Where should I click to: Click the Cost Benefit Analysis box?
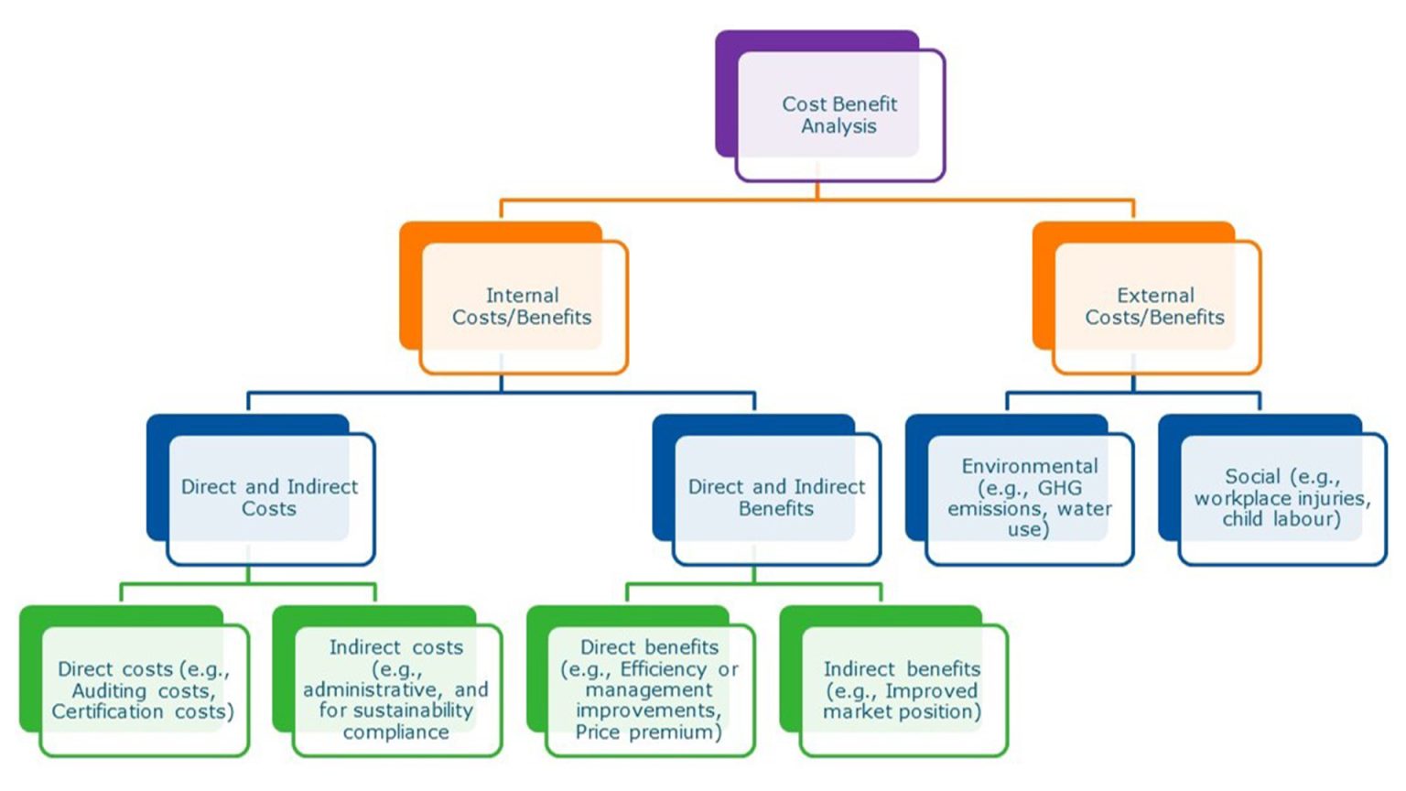pos(839,115)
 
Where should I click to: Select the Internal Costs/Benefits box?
pos(523,307)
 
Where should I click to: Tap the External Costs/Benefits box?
pos(1155,307)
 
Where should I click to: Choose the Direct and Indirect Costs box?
pos(270,498)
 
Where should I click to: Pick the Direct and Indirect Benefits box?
pos(776,498)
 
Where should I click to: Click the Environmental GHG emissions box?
pos(1029,498)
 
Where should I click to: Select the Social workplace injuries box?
pos(1282,498)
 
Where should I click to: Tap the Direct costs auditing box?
pos(144,690)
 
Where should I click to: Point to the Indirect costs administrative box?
pos(396,690)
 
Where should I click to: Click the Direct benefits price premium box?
pos(650,690)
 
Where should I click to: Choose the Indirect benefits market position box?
pos(903,690)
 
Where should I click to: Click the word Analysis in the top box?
pos(838,126)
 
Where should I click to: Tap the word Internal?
pos(522,296)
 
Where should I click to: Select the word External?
pos(1155,296)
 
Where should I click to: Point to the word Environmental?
pos(1029,466)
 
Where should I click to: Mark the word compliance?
pos(395,732)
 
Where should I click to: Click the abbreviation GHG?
pos(1060,488)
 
